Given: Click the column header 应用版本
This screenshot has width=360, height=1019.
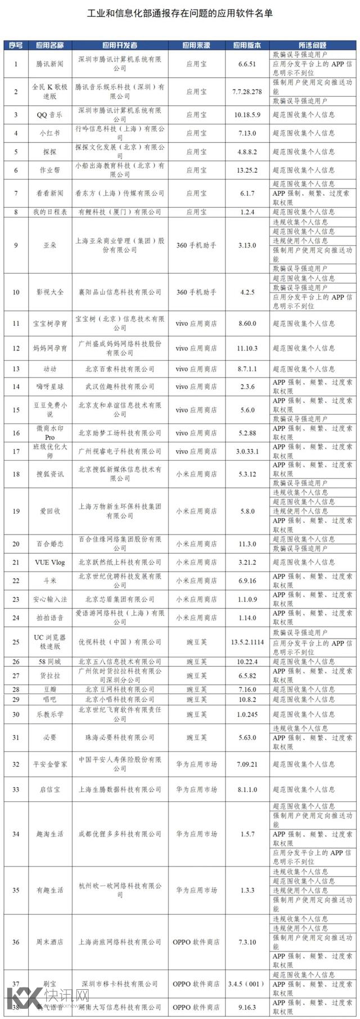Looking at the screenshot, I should coord(247,45).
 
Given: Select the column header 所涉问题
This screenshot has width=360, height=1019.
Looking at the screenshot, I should coord(313,45).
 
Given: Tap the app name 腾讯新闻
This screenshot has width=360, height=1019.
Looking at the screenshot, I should coord(49,64).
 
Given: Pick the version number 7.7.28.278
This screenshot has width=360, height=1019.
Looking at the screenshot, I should coord(247,91).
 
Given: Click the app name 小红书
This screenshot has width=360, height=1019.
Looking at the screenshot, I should coord(49,133).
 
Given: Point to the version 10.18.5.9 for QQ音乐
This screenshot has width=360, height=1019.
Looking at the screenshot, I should coord(247,115).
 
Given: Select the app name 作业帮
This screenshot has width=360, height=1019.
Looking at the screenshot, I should coord(49,170).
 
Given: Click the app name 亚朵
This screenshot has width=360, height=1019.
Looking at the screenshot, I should coord(49,245).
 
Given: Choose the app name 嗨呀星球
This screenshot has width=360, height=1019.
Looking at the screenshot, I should coord(49,387).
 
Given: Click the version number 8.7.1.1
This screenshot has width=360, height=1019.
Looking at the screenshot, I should coord(247,369).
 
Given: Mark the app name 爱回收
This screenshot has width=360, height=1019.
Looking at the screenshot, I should coord(49,511).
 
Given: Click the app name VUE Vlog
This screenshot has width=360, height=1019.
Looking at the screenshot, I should coord(49,562).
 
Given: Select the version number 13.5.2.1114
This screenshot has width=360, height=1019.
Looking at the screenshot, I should coord(247,642).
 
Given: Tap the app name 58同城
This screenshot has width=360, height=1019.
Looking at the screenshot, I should coord(49,662).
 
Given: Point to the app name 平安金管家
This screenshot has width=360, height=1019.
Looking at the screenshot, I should coord(49,764).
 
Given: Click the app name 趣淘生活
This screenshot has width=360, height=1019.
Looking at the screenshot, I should coord(49,834).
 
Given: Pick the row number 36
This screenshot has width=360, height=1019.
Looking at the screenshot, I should coord(16,942).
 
